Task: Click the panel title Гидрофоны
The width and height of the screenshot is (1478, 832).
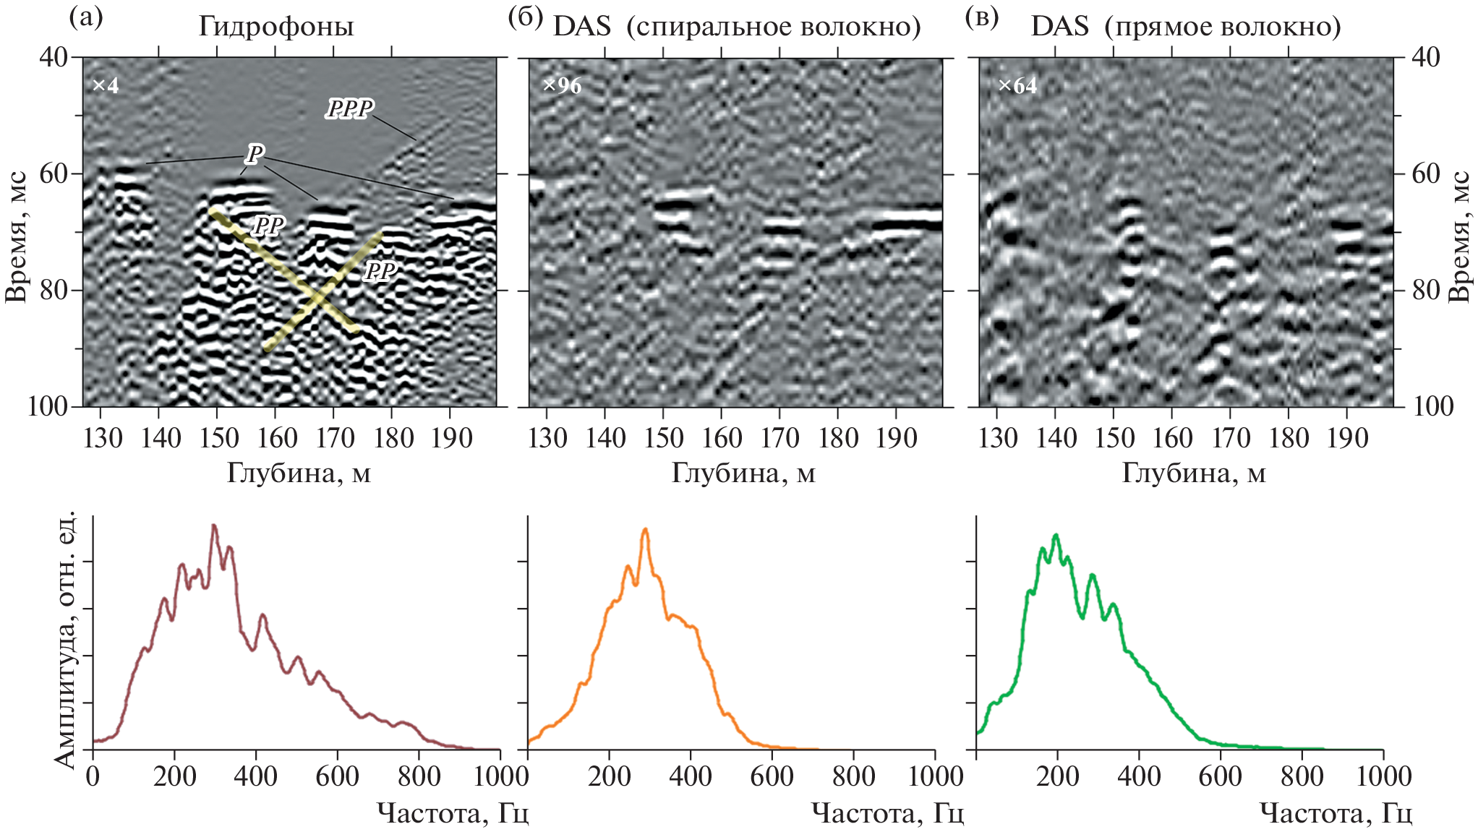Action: pos(276,27)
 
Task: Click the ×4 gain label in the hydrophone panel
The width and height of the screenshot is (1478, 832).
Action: pos(106,86)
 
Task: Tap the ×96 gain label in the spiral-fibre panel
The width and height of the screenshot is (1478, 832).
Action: pos(562,86)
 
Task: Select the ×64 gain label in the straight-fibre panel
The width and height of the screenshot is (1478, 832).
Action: pos(1017,86)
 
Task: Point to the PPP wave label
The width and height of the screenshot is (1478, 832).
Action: pos(350,109)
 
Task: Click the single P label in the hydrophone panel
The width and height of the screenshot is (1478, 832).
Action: pos(255,153)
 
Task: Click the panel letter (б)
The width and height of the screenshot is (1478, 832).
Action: pos(526,17)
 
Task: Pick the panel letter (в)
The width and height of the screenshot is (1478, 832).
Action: pos(982,17)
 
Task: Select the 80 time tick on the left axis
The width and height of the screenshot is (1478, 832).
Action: pos(53,290)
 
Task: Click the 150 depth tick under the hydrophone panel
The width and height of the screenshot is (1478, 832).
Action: pos(218,438)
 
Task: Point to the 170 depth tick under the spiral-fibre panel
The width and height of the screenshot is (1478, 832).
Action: pos(779,438)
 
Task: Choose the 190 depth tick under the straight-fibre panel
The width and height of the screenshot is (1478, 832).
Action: pos(1347,438)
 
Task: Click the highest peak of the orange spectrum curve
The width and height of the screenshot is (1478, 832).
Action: pos(645,530)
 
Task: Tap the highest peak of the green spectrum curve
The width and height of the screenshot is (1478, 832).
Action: pos(1056,535)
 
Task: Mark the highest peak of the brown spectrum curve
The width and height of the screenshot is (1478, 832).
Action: pos(214,526)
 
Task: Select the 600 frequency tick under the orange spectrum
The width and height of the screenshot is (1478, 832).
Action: pos(772,776)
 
